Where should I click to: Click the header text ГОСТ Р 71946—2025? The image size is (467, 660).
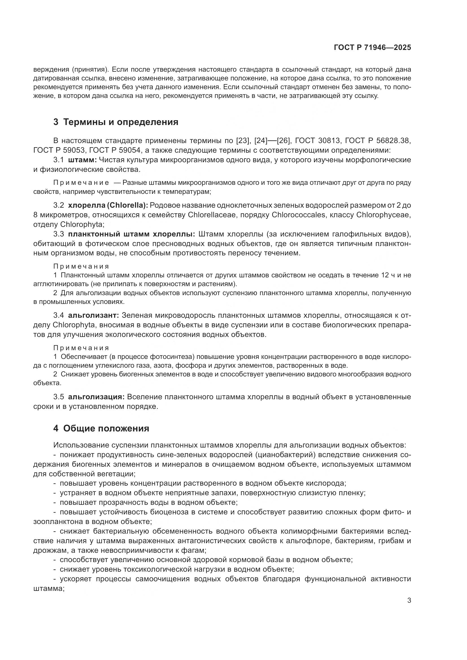point(372,48)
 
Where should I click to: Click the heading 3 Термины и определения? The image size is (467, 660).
point(115,122)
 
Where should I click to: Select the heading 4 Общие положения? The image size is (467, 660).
point(101,429)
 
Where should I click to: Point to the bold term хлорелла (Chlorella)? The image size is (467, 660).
point(108,205)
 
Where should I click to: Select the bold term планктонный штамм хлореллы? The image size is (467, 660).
point(132,234)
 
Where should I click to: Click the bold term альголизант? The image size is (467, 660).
point(93,315)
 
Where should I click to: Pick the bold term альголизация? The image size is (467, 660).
point(96,397)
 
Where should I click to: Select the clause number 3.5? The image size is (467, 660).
point(58,397)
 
